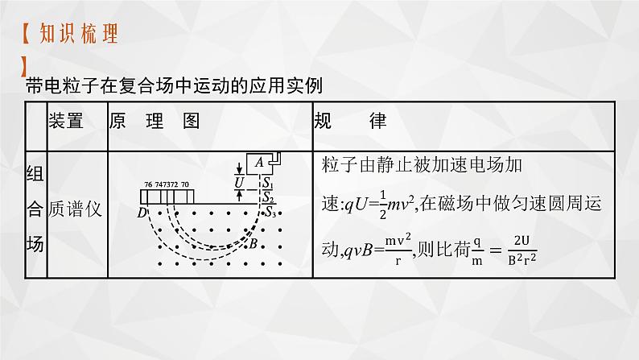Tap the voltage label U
click(239, 183)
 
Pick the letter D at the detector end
click(142, 213)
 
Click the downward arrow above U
click(239, 169)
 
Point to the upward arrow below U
click(239, 197)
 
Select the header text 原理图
click(153, 122)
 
